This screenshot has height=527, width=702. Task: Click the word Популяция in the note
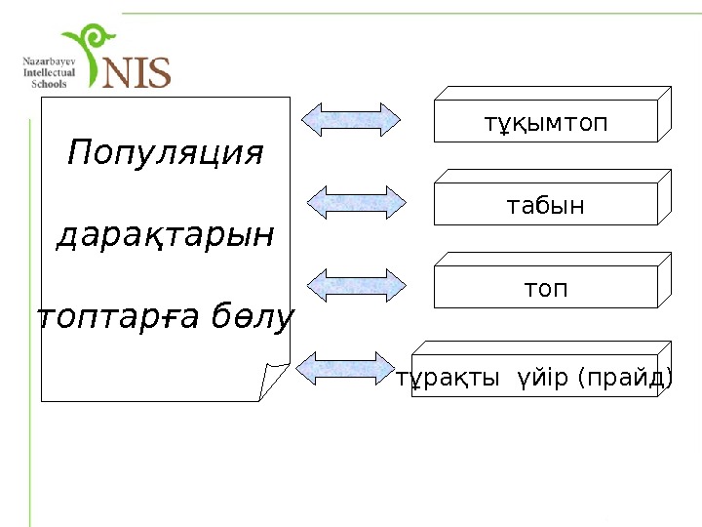[166, 154]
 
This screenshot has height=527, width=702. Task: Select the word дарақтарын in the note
[166, 236]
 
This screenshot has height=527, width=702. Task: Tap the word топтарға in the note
[112, 318]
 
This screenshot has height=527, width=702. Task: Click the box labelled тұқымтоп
[545, 125]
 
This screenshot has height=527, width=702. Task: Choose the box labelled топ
[545, 290]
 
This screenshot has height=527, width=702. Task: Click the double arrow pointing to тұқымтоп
[351, 119]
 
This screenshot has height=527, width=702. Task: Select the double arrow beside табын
[357, 202]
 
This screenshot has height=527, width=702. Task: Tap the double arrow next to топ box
[357, 285]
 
